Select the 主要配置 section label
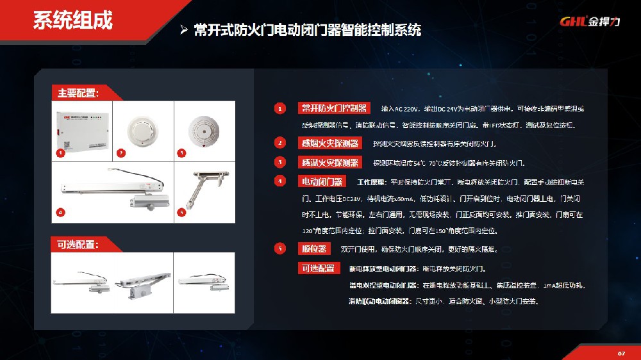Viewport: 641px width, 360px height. coord(78,93)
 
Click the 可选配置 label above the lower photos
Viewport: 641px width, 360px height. coord(78,245)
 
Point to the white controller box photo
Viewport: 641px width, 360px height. coord(82,130)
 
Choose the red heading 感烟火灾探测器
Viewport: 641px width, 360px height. coord(329,143)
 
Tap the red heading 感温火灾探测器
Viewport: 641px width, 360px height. coord(329,162)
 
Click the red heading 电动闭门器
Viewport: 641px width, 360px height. coord(322,181)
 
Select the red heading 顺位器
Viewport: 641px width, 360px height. coord(314,249)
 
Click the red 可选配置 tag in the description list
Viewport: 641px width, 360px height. coord(317,268)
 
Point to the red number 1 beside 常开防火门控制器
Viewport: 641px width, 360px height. coord(279,108)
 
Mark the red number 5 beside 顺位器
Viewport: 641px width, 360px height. coord(279,249)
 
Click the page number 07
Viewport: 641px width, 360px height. coord(620,353)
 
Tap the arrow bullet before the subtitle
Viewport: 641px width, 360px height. coord(183,30)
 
